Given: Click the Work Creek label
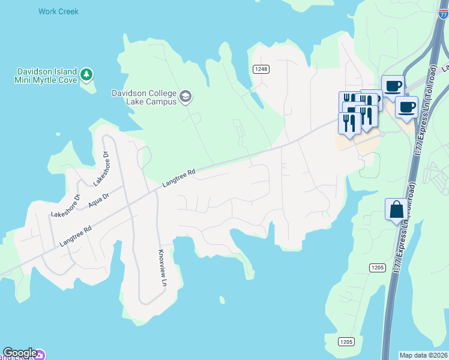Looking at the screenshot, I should click(58, 11).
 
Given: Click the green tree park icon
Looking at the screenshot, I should click(87, 74).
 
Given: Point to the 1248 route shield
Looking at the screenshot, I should click(261, 69).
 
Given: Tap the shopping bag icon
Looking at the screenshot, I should click(396, 210).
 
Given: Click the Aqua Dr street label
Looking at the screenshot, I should click(98, 200).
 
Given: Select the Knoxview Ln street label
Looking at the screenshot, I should click(161, 268).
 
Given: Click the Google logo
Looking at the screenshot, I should click(19, 353).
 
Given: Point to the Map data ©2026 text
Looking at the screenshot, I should click(423, 355).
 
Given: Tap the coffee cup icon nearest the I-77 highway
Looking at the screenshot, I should click(406, 107).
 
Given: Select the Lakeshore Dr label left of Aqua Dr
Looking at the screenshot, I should click(65, 206).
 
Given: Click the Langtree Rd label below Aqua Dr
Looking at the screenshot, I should click(76, 236).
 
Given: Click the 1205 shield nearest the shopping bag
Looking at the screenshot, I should click(377, 267).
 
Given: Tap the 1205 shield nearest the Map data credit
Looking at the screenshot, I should click(346, 342).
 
